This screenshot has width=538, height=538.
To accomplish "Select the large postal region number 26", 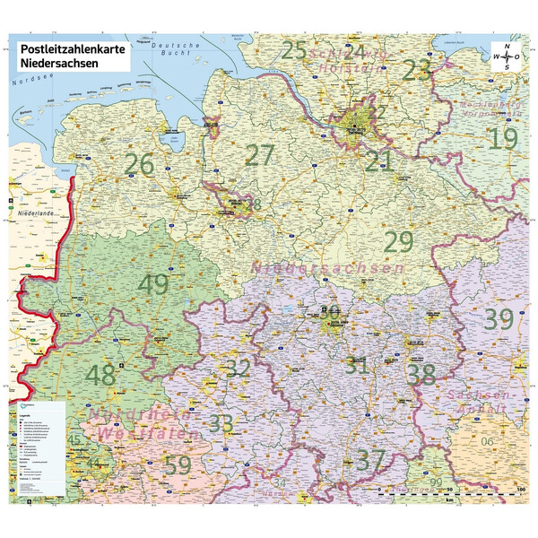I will click(140, 165).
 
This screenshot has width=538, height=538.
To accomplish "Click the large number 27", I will click(259, 155).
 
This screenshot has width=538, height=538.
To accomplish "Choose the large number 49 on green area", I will click(153, 284).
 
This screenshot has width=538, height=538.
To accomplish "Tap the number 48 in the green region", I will click(100, 375).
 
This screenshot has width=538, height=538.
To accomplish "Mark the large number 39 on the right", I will click(498, 317).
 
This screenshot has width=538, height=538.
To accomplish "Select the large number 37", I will click(370, 460).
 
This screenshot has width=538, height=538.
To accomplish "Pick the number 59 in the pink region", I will click(178, 465).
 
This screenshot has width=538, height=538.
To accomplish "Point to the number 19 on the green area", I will click(503, 139).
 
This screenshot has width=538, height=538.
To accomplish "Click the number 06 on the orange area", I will click(487, 442).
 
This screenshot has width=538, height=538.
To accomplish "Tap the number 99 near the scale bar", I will click(436, 482).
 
